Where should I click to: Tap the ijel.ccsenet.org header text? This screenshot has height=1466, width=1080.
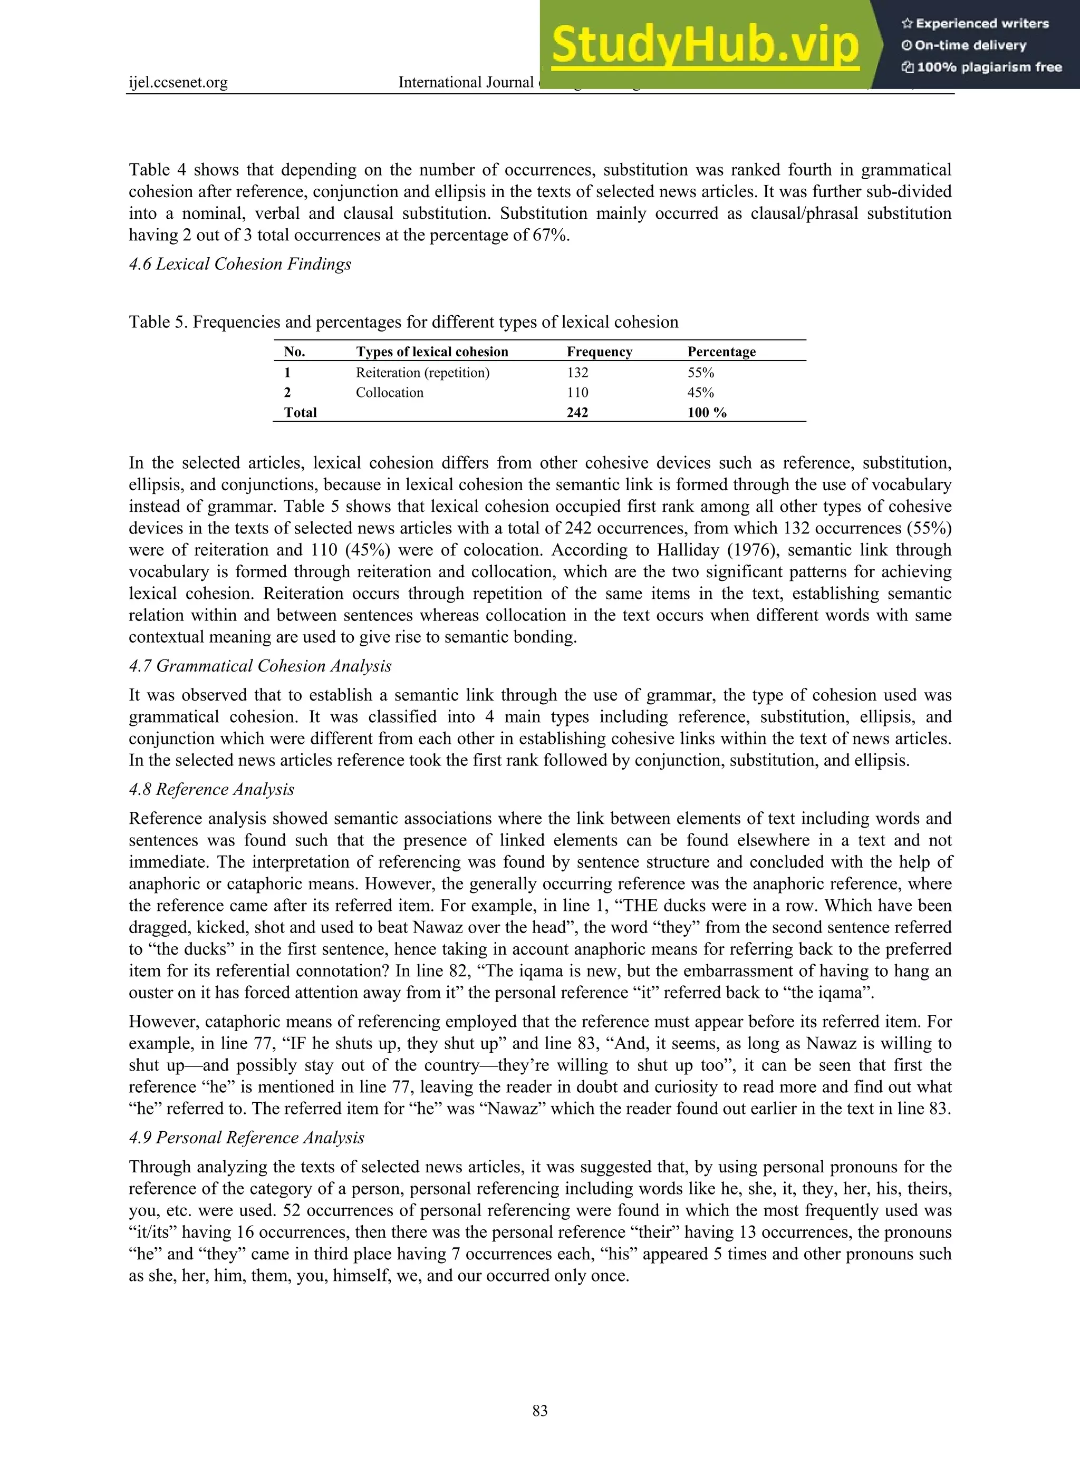pos(178,82)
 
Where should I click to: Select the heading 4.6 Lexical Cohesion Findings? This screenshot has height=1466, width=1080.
pos(240,264)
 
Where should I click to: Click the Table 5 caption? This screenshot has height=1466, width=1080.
pos(403,322)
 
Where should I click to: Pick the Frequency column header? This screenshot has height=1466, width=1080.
pos(599,352)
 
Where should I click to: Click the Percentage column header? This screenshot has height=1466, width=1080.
pos(721,352)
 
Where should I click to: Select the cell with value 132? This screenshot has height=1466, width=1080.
pos(577,373)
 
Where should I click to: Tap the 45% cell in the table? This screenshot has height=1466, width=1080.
pos(700,393)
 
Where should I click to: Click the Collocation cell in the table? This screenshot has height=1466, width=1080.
pos(390,393)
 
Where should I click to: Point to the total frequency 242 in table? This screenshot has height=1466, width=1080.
pos(577,412)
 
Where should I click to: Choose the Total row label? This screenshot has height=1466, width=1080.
pos(300,412)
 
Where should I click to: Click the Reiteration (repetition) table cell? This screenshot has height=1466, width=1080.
pos(422,373)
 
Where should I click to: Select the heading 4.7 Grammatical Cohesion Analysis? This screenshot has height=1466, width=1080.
pos(260,666)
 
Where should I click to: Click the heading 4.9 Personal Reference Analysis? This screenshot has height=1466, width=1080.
pos(246,1138)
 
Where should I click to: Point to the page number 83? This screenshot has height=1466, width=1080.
pos(540,1411)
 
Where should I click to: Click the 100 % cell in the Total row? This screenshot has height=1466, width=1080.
pos(707,412)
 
